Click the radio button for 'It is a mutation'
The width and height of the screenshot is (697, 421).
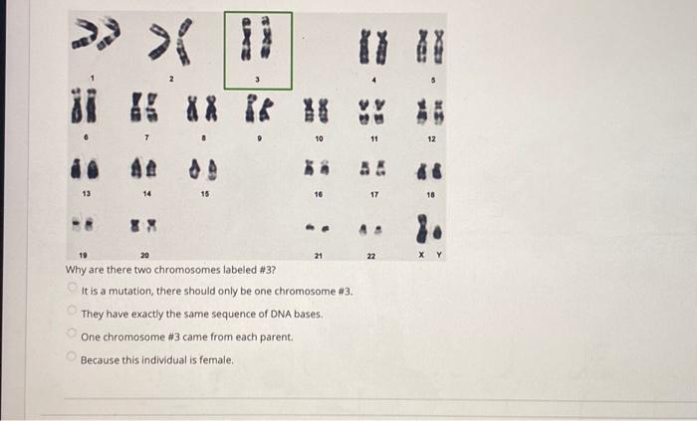pyautogui.click(x=72, y=288)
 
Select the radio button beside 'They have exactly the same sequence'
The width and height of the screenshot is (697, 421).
pyautogui.click(x=71, y=310)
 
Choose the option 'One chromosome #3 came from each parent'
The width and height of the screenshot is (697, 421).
pyautogui.click(x=71, y=332)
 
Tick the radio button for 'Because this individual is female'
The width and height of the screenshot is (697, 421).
pyautogui.click(x=71, y=355)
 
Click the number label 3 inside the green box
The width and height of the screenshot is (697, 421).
pyautogui.click(x=257, y=80)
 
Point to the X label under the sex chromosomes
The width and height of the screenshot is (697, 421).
pyautogui.click(x=421, y=255)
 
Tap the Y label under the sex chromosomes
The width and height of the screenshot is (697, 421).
pyautogui.click(x=439, y=255)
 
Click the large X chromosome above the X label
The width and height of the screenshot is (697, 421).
pyautogui.click(x=421, y=229)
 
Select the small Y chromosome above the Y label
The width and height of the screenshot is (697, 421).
pyautogui.click(x=438, y=233)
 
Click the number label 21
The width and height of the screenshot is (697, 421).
pyautogui.click(x=319, y=256)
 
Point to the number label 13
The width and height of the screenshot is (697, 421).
pyautogui.click(x=87, y=194)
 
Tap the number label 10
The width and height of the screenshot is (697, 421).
pyautogui.click(x=319, y=139)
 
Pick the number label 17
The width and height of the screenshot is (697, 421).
pyautogui.click(x=374, y=194)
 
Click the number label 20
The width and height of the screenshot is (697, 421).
pyautogui.click(x=145, y=256)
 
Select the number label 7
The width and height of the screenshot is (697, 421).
pyautogui.click(x=146, y=138)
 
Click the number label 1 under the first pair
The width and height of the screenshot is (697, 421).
pyautogui.click(x=93, y=79)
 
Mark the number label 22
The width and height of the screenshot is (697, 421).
pyautogui.click(x=371, y=256)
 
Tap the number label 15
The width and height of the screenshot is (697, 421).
pyautogui.click(x=204, y=194)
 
